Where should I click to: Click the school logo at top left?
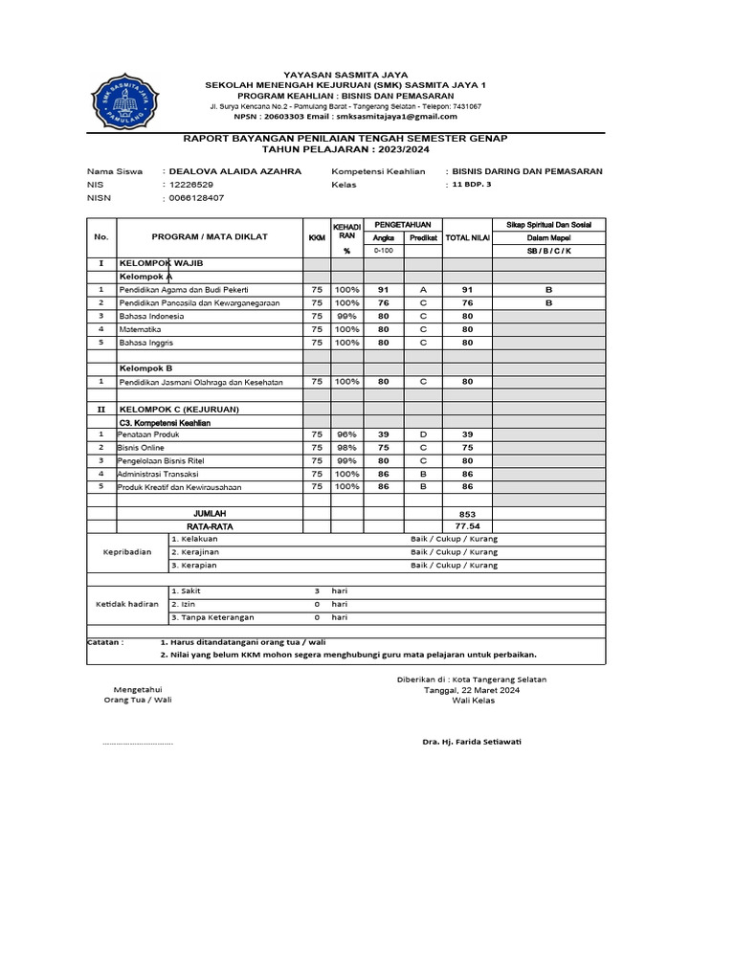(x=122, y=100)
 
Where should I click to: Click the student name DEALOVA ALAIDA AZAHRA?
(x=234, y=171)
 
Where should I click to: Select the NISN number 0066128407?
(x=196, y=198)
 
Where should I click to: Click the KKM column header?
(x=316, y=237)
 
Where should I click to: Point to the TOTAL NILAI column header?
(x=467, y=237)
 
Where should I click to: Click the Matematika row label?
(x=140, y=328)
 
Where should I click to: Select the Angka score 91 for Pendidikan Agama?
(x=383, y=289)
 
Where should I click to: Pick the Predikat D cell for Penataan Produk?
(x=423, y=434)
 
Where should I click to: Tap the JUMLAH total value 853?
(x=467, y=514)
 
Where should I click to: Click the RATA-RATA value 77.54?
(x=467, y=526)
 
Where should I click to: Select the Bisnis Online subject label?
(x=141, y=448)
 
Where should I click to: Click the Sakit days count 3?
(x=316, y=591)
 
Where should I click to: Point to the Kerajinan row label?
(x=196, y=552)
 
